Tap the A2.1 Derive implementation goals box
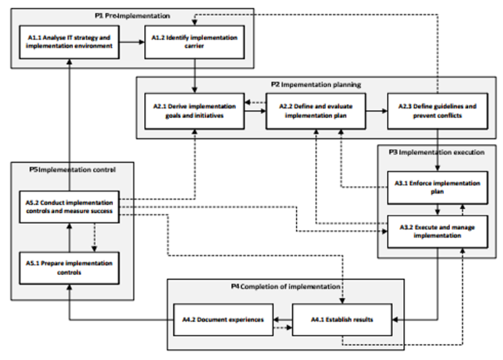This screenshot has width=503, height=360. tap(194, 110)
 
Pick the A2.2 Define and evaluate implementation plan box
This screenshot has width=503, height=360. tap(315, 110)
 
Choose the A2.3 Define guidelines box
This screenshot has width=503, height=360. tap(437, 110)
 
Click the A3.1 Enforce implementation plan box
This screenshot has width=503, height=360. tap(437, 187)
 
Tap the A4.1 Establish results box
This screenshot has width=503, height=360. tap(341, 320)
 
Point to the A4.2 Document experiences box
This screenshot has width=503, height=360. tap(223, 320)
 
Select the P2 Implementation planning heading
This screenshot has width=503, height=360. tap(317, 85)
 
